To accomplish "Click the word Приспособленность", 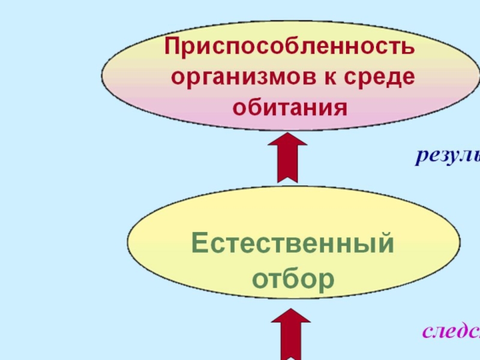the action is (x=290, y=47).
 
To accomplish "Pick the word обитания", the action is (x=290, y=108).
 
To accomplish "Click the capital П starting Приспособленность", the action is (x=174, y=47).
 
